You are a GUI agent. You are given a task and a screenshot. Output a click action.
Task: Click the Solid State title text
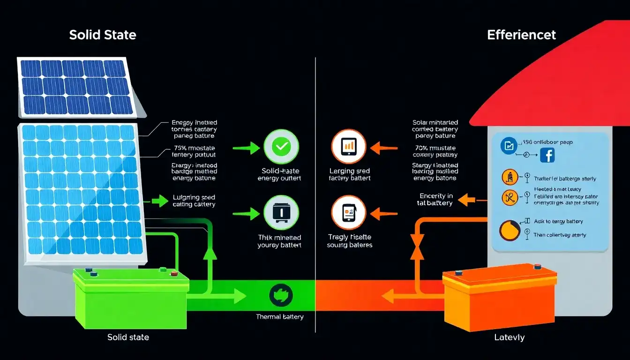pyautogui.click(x=103, y=35)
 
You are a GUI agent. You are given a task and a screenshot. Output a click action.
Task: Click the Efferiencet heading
pyautogui.click(x=521, y=35)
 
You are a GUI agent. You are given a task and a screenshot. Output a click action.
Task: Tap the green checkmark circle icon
pyautogui.click(x=281, y=147)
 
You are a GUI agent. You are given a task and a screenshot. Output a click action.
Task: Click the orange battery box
pyautogui.click(x=500, y=296)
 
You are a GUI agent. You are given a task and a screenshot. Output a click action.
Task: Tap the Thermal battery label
pyautogui.click(x=279, y=317)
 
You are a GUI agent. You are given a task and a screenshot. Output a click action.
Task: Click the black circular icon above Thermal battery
pyautogui.click(x=281, y=295)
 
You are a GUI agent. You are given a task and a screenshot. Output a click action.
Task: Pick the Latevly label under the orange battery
pyautogui.click(x=509, y=337)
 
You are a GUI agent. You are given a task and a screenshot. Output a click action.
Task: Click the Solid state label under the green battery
pyautogui.click(x=128, y=337)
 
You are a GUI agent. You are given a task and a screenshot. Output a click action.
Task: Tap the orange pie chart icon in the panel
pyautogui.click(x=509, y=231)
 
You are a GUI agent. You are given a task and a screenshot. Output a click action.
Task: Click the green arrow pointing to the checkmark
pyautogui.click(x=246, y=149)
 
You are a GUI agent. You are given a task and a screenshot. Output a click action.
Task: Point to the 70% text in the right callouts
pyautogui.click(x=422, y=148)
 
